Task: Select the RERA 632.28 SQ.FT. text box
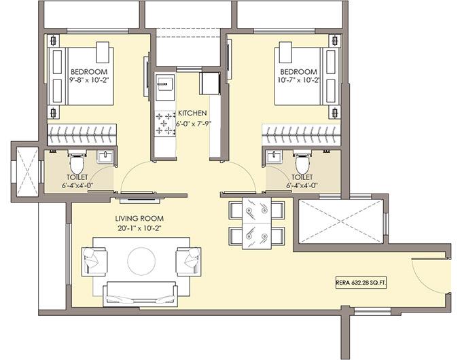tap(366, 282)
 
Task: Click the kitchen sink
tap(164, 84)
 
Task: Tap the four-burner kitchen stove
tap(164, 123)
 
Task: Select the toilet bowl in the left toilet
tap(77, 163)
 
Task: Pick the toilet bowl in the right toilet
tap(302, 163)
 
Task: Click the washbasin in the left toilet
tap(104, 158)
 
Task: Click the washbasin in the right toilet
tap(274, 158)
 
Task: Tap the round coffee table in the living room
tap(141, 259)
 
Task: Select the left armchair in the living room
tap(94, 261)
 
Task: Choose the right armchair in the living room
tap(188, 261)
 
